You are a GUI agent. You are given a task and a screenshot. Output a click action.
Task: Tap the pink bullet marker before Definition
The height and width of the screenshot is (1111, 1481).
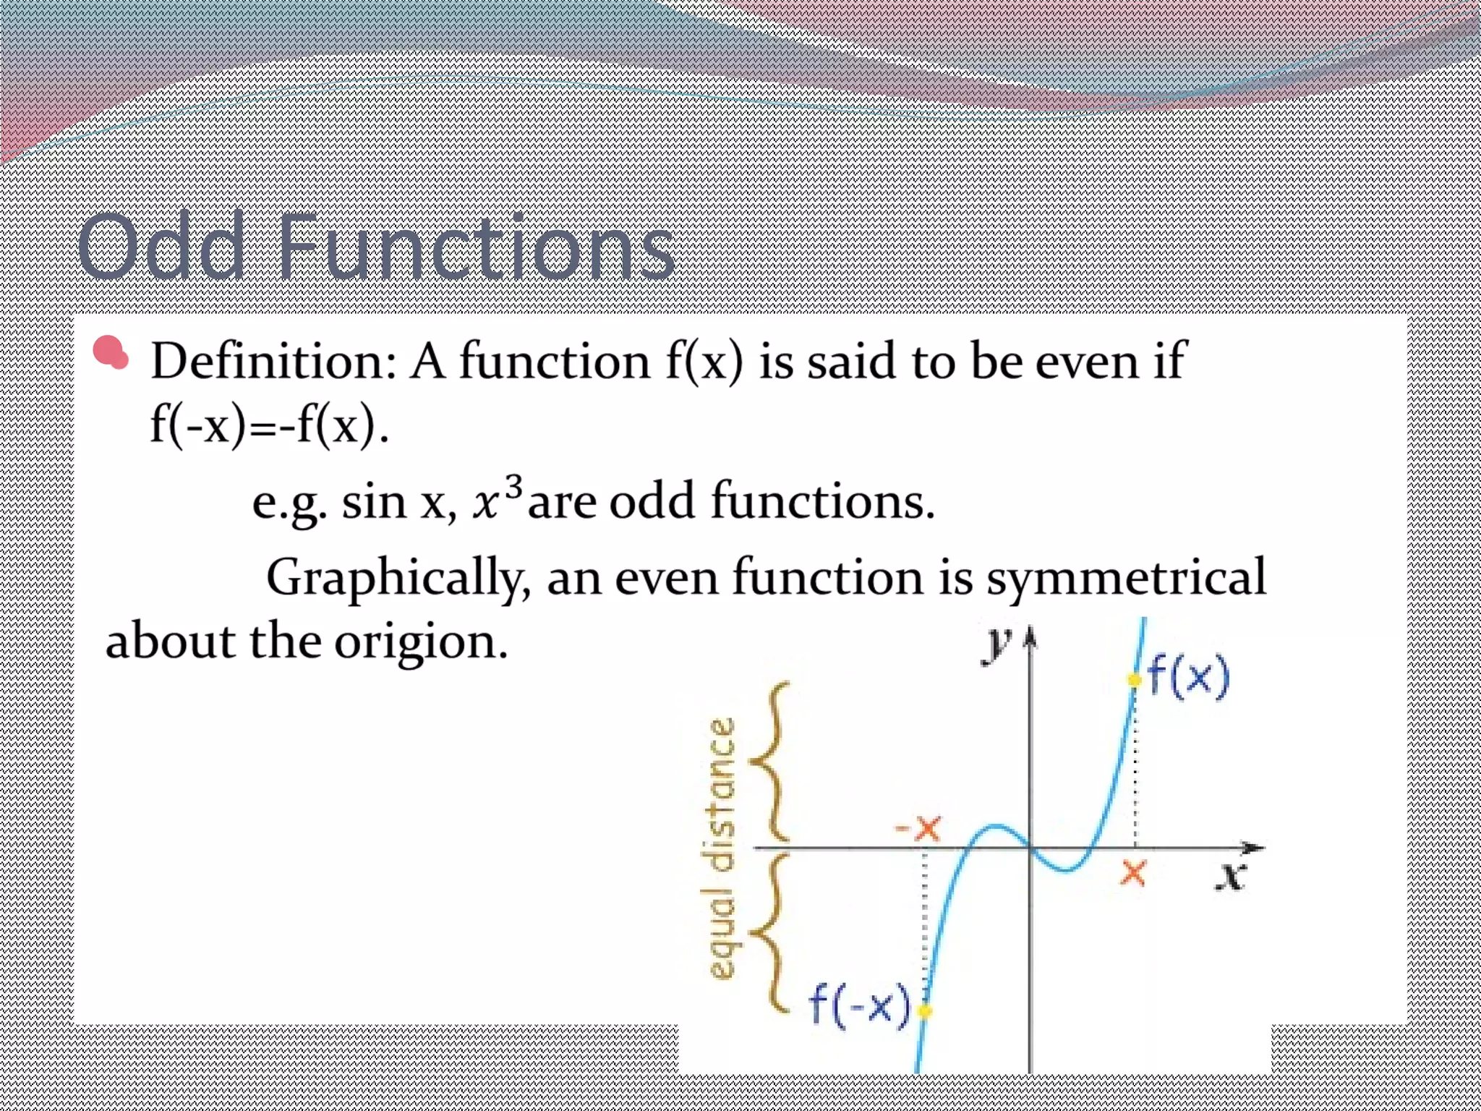(x=111, y=353)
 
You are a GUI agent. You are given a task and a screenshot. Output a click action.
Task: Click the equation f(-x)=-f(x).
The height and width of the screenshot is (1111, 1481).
(x=269, y=425)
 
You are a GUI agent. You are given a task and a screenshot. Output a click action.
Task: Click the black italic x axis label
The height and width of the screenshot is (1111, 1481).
(x=1230, y=876)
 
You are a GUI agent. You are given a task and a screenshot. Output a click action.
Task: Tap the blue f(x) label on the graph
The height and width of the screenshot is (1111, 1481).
(x=1189, y=676)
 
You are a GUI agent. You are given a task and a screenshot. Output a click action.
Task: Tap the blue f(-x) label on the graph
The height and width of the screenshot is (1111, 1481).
(x=858, y=1005)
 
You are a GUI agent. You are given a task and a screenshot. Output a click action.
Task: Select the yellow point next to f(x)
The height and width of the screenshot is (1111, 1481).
(x=1134, y=680)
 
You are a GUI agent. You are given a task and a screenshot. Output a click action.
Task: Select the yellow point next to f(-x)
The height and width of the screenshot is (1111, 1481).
(x=924, y=1010)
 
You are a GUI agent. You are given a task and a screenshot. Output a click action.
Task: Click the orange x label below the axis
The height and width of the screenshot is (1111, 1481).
(x=1132, y=873)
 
